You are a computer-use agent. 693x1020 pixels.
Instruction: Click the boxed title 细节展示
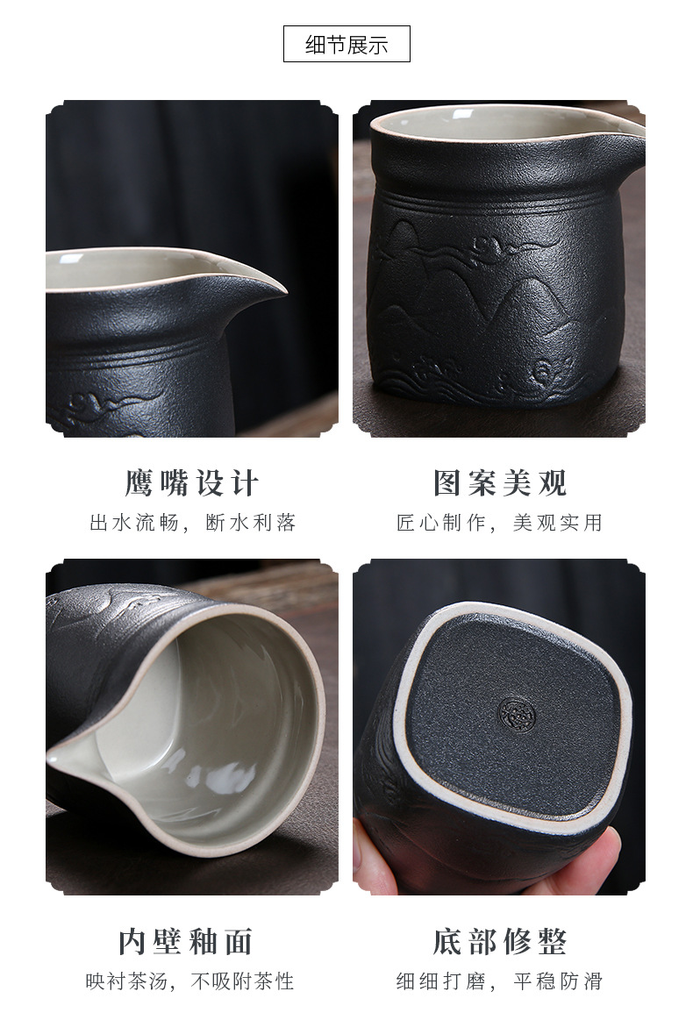pos(346,44)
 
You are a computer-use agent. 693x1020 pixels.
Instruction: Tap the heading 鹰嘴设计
pos(192,482)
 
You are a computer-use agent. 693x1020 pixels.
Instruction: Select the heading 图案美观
pos(500,482)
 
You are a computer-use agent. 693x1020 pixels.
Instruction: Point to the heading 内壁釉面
pos(186,941)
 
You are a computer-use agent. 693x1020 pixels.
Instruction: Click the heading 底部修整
pos(500,941)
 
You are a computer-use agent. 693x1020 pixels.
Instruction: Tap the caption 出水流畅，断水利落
pos(193,523)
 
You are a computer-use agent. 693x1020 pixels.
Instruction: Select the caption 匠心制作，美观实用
pos(500,523)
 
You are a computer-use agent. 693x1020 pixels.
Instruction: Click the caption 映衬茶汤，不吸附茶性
pos(190,981)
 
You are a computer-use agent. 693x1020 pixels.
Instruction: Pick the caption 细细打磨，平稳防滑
pos(500,981)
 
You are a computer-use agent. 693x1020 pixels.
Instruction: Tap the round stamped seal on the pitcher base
pos(517,714)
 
